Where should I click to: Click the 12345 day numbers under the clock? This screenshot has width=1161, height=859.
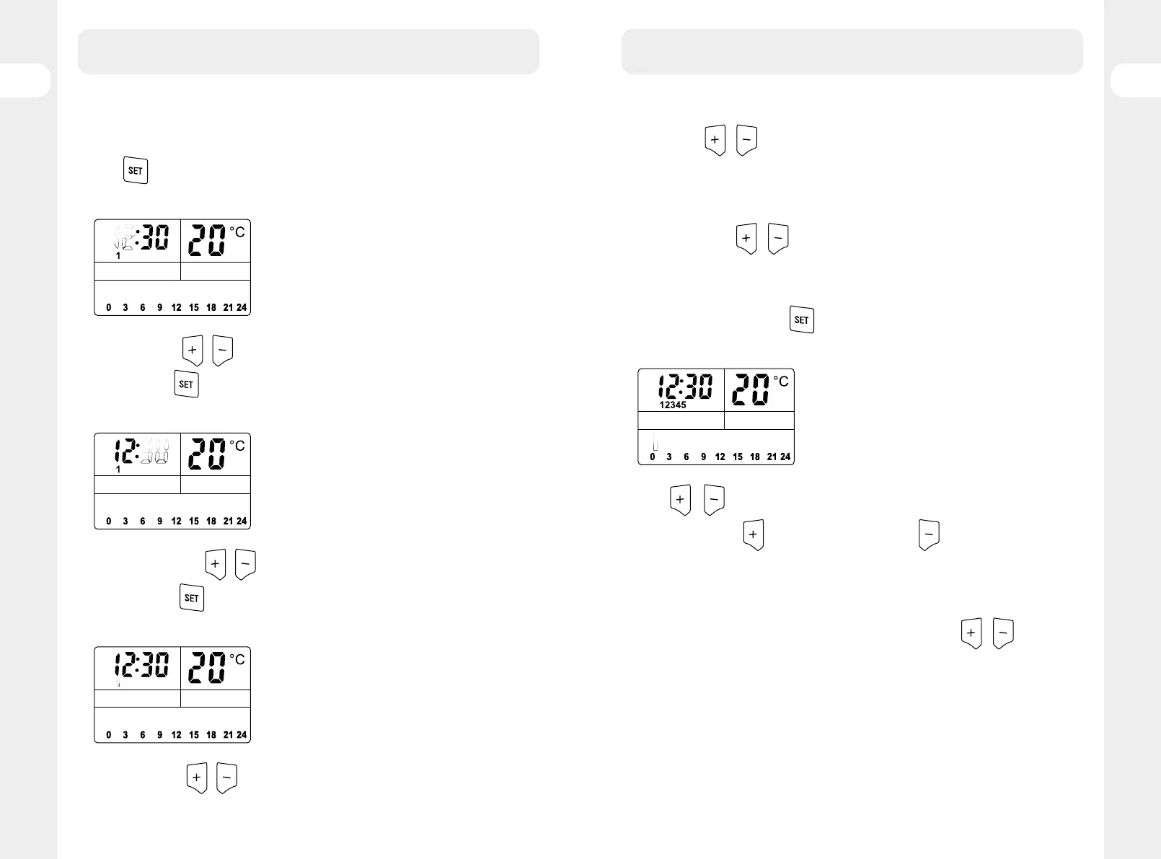point(673,405)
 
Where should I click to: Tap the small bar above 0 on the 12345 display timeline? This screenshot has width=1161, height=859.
point(655,442)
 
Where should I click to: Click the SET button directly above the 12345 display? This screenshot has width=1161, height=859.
point(802,320)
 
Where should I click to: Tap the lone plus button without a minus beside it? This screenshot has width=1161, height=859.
point(754,534)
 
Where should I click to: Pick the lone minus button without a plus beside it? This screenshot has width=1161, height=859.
point(929,534)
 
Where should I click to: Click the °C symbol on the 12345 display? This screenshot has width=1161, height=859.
point(781,381)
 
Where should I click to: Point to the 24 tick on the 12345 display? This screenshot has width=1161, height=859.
point(785,457)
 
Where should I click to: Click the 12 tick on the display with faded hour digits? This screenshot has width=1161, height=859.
point(176,307)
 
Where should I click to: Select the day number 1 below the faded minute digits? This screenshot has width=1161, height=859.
point(118,470)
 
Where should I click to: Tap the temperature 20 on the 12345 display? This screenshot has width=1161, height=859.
point(750,389)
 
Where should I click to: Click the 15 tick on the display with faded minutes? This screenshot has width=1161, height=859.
point(194,521)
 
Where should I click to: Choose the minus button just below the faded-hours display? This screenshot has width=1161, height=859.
point(223,351)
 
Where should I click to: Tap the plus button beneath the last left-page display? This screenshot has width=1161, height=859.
point(197,777)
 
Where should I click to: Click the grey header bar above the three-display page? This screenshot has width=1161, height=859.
point(309,51)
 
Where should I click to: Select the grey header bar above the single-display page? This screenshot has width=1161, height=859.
point(852,51)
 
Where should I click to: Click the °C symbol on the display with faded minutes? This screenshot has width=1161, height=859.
point(237,446)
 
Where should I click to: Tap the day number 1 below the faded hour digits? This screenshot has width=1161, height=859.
point(118,256)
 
